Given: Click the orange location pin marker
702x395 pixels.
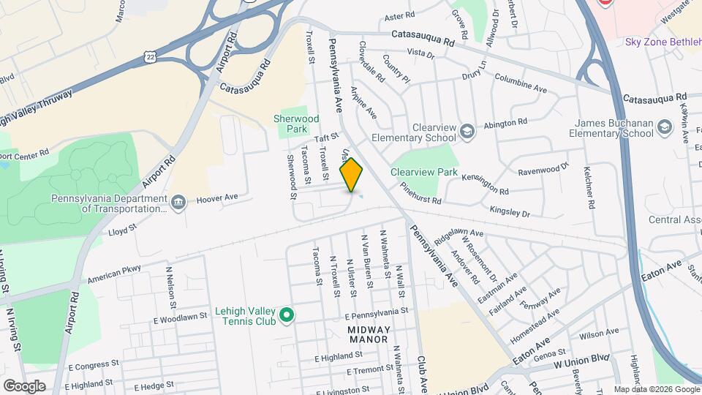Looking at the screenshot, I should tap(352, 175).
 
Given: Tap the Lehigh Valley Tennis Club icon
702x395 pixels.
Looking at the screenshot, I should tap(287, 316).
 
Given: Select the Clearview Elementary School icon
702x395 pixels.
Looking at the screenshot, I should tap(467, 131).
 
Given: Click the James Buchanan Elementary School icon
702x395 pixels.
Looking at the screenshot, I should tap(664, 128).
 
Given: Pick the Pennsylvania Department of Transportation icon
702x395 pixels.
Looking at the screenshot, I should tap(178, 201).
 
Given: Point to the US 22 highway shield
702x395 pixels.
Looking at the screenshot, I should tap(149, 56).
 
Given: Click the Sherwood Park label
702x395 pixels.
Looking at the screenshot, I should tap(296, 123).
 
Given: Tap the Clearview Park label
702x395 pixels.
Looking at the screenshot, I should tap(424, 173).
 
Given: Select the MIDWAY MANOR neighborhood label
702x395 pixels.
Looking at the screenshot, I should tap(369, 334).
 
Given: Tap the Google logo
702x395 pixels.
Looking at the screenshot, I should tap(24, 386).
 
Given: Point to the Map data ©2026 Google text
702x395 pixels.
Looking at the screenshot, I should tap(656, 389).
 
